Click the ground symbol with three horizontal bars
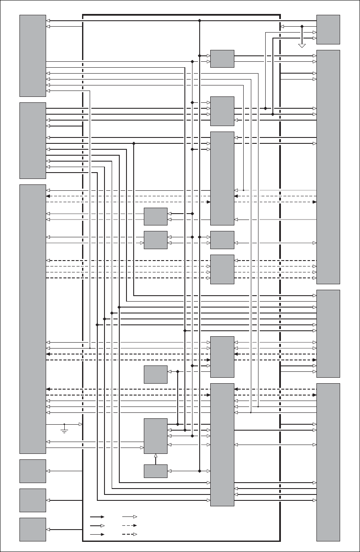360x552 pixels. (x=64, y=431)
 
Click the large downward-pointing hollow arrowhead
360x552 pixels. (x=302, y=45)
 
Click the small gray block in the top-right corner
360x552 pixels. (x=328, y=29)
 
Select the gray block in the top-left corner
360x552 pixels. (x=33, y=55)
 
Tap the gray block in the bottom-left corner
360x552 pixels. (x=33, y=529)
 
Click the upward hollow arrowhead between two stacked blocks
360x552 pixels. (x=156, y=456)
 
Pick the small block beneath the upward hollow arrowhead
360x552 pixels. (x=156, y=471)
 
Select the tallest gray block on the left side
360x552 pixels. (x=33, y=319)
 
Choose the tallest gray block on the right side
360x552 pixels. (x=328, y=167)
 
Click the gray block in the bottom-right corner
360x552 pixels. (x=328, y=462)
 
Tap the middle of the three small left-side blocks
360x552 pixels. (x=33, y=500)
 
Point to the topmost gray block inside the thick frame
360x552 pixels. (x=222, y=58)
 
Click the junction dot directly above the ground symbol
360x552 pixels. (x=64, y=424)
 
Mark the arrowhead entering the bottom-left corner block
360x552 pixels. (x=48, y=529)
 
